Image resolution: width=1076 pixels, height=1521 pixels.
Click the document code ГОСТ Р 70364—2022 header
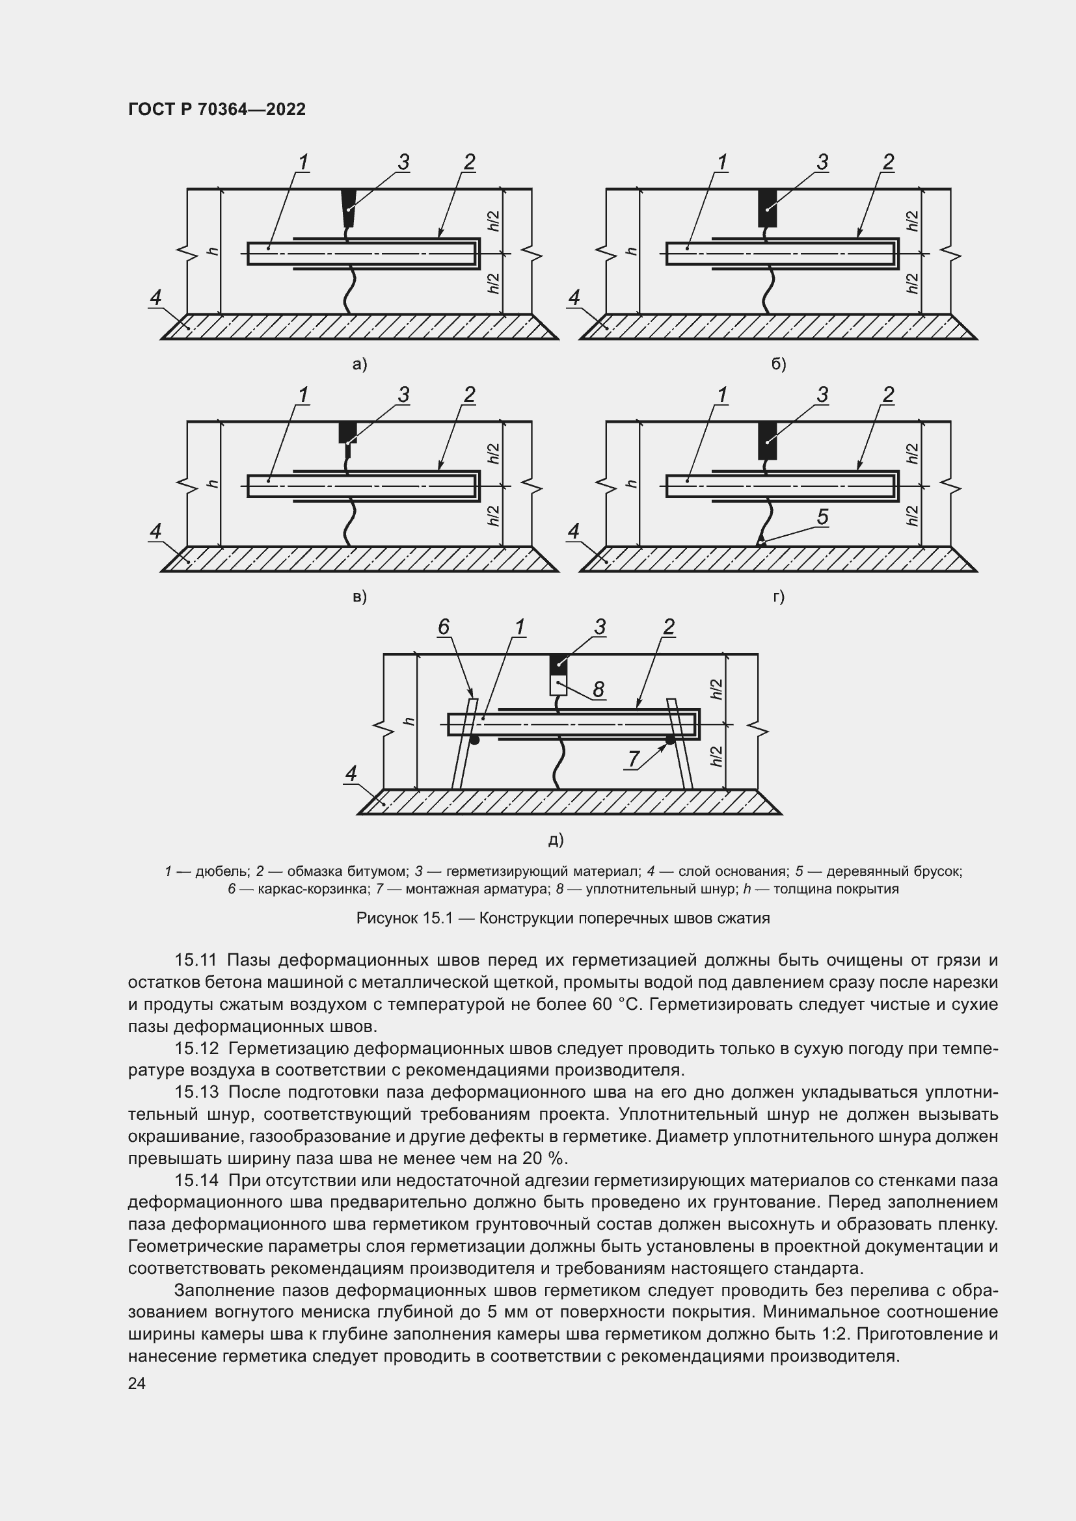(217, 110)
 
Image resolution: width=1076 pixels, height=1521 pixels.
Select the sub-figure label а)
(360, 364)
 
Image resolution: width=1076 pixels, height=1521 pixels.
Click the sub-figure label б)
(779, 364)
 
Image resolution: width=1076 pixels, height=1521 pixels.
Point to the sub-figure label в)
(359, 597)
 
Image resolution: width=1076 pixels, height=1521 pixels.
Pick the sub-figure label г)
(779, 597)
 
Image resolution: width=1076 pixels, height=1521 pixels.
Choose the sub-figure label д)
(556, 840)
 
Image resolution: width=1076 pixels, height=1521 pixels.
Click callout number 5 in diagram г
(822, 517)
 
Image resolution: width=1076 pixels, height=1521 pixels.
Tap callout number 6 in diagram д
(444, 627)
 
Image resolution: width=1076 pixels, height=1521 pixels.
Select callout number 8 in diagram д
(599, 689)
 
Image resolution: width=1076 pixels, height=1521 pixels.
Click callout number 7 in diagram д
(634, 758)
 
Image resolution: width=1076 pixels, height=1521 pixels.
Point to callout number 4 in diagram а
(155, 297)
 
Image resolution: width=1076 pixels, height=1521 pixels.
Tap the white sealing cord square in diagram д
(559, 685)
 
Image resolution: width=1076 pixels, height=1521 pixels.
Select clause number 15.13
(196, 1092)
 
